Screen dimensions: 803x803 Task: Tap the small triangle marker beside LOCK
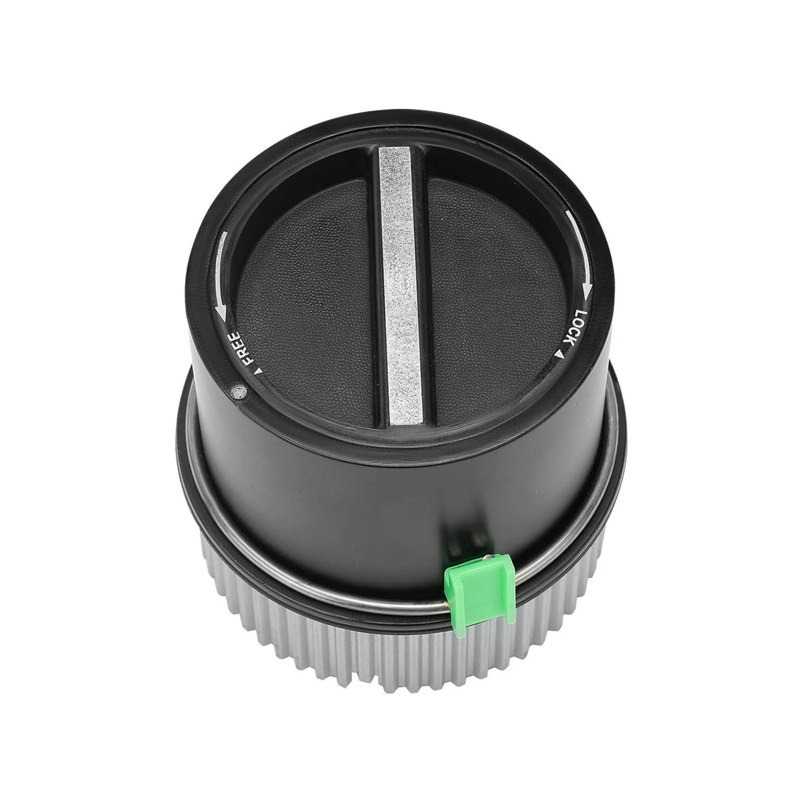point(558,354)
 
